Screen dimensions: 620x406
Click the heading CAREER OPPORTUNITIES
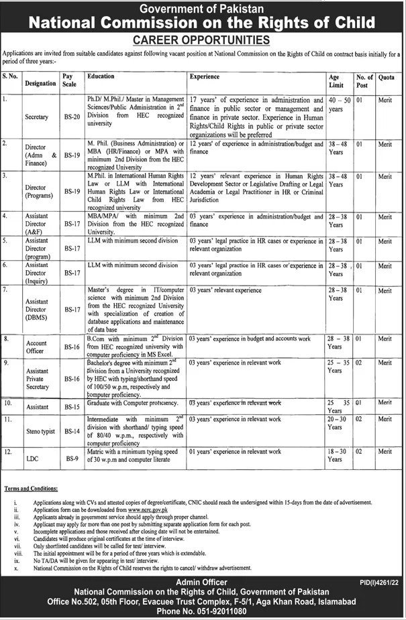(203, 40)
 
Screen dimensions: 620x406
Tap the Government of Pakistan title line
(203, 8)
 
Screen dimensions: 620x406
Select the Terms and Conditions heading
(32, 491)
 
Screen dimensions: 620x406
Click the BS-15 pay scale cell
(70, 407)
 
